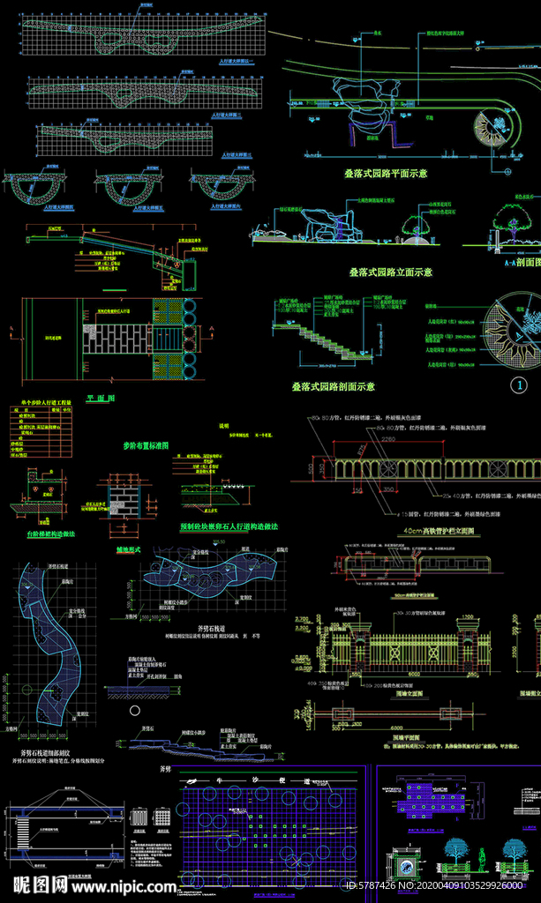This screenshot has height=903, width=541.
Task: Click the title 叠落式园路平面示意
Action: tap(386, 174)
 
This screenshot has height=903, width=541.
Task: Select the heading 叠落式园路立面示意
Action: tap(390, 272)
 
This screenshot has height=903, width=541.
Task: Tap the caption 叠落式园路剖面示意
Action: tap(334, 386)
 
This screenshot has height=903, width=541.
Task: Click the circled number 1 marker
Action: tap(520, 384)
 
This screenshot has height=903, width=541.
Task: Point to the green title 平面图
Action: tap(101, 398)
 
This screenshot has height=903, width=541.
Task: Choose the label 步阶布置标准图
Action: tap(146, 445)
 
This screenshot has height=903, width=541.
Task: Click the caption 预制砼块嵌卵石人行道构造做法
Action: tap(229, 526)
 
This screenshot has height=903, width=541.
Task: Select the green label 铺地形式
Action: tap(130, 549)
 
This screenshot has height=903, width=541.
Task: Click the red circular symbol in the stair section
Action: tap(177, 265)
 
